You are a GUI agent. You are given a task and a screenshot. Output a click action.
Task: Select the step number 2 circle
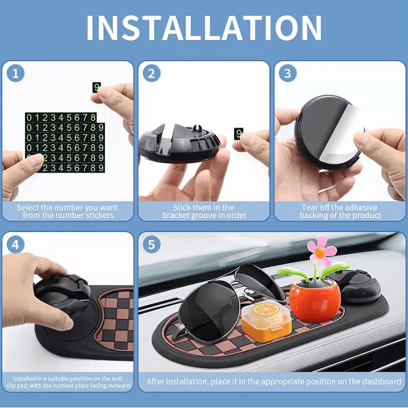[x=151, y=73]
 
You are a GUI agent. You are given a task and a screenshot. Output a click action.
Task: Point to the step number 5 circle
[x=151, y=245]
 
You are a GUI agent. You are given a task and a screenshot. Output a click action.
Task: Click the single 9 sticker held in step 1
[x=96, y=87]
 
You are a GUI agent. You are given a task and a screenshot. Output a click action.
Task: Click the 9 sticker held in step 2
[x=238, y=134]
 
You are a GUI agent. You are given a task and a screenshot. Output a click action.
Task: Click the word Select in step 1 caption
[x=27, y=208]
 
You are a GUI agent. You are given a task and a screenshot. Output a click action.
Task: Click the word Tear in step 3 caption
[x=311, y=208]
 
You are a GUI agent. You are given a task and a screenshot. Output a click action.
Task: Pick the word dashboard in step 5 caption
[x=379, y=381]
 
